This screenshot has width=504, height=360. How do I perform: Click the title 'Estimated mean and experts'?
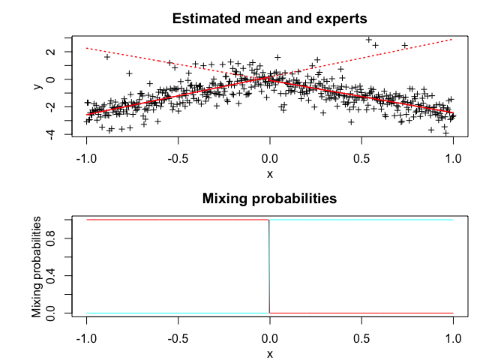point(269,18)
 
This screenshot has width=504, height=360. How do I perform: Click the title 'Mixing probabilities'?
point(269,199)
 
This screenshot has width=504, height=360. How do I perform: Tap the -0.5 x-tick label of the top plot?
point(178,158)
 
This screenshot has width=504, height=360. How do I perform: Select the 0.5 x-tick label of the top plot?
point(362,158)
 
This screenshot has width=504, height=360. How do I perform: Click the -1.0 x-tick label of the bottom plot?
point(86,339)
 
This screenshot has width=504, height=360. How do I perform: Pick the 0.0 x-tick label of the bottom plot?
point(270,339)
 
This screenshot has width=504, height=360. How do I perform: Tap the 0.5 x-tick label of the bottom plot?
point(362,339)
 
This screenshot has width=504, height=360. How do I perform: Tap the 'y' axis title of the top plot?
point(37,86)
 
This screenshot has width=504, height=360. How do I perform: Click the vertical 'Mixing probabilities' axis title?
point(37,266)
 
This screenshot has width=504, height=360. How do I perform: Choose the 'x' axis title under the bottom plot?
point(270,353)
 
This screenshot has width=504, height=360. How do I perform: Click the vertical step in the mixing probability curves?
point(269,266)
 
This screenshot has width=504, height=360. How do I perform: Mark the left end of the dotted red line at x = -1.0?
point(87,48)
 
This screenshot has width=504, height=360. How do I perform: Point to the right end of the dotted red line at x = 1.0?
point(453,39)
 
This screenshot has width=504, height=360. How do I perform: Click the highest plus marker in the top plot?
point(368,40)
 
